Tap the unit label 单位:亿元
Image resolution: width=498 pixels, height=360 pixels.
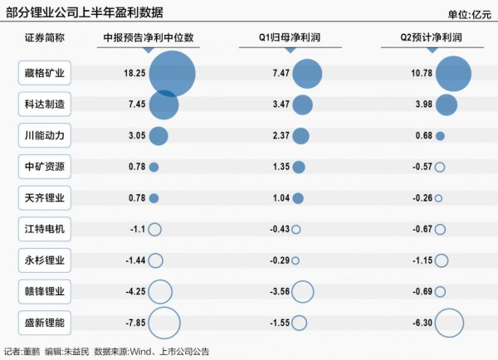pyautogui.click(x=468, y=13)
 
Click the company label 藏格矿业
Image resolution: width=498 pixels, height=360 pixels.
pyautogui.click(x=45, y=74)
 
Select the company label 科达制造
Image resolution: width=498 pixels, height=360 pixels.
pyautogui.click(x=45, y=105)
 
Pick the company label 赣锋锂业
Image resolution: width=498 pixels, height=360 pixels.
pyautogui.click(x=45, y=292)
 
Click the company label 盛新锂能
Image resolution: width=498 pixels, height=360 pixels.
pyautogui.click(x=45, y=324)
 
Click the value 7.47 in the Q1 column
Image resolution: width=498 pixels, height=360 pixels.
pyautogui.click(x=279, y=74)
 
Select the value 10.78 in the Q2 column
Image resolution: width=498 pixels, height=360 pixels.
pyautogui.click(x=420, y=74)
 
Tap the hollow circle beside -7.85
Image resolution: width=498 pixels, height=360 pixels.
pyautogui.click(x=164, y=324)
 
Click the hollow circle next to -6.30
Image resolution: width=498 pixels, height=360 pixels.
pyautogui.click(x=449, y=324)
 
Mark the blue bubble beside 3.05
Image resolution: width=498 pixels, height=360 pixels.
pyautogui.click(x=159, y=136)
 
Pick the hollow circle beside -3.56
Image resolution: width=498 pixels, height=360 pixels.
pyautogui.click(x=303, y=292)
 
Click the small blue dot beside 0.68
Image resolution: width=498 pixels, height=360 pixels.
pyautogui.click(x=440, y=136)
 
